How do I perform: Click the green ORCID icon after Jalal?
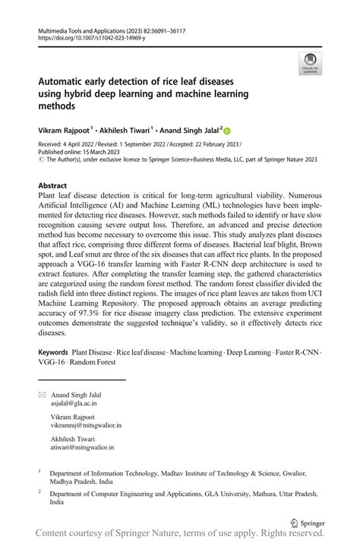226,131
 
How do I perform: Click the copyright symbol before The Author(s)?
41,159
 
